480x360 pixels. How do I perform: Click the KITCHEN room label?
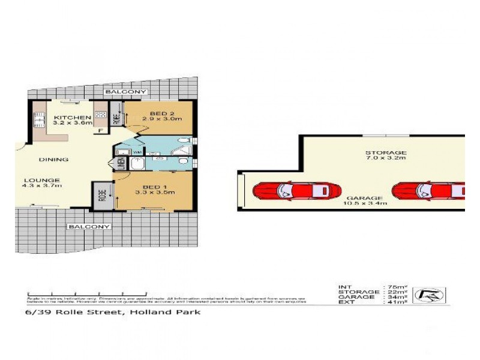72,118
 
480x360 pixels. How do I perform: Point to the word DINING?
53,160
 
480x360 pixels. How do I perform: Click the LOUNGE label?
42,181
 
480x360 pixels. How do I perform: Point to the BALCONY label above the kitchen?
125,92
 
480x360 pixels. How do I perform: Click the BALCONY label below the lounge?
89,227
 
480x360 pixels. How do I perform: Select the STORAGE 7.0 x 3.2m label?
386,155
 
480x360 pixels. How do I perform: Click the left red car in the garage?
288,191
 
